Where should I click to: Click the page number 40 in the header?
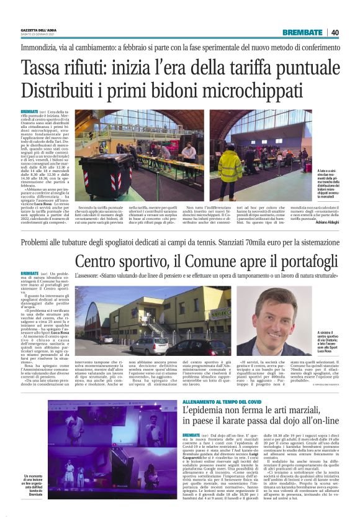tap(335, 32)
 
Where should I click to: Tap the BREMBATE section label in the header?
tap(302, 32)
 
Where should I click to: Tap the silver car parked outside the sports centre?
tap(149, 346)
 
